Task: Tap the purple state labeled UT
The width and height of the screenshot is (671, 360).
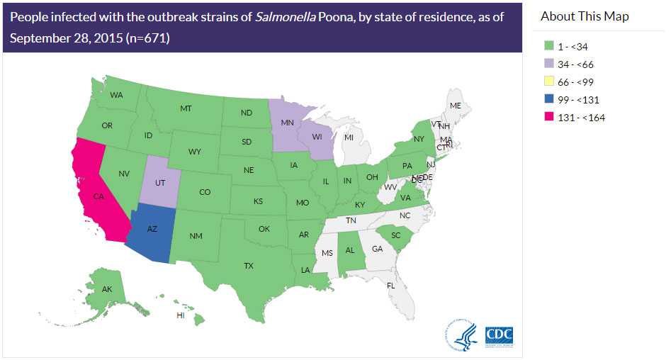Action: pyautogui.click(x=161, y=182)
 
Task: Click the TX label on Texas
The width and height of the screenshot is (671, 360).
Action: pyautogui.click(x=249, y=266)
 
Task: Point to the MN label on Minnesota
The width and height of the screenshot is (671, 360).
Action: pyautogui.click(x=288, y=122)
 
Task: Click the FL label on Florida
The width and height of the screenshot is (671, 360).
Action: pyautogui.click(x=390, y=285)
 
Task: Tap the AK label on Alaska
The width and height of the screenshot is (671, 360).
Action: pyautogui.click(x=107, y=289)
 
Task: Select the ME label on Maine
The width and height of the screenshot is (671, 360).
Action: pyautogui.click(x=456, y=106)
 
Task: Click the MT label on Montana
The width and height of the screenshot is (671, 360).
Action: pyautogui.click(x=186, y=108)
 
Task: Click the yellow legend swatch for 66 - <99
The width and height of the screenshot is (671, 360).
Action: pyautogui.click(x=548, y=82)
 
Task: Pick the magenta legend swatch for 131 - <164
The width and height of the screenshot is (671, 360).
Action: pyautogui.click(x=548, y=118)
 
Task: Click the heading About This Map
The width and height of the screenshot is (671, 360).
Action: pyautogui.click(x=584, y=16)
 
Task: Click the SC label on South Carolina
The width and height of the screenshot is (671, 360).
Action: pyautogui.click(x=396, y=235)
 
